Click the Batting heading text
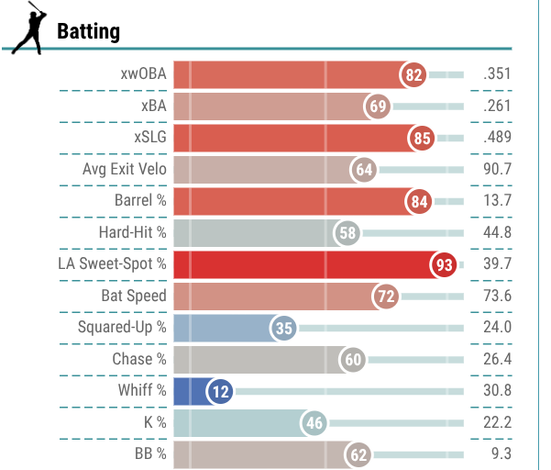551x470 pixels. (88, 32)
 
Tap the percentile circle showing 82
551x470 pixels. (413, 75)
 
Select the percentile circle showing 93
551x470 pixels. (445, 265)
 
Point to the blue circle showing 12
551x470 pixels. (220, 392)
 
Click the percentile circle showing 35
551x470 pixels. (284, 329)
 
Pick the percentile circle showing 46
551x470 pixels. (314, 423)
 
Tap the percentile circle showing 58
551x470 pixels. (347, 233)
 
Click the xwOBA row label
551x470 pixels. (143, 75)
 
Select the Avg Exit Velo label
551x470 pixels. (125, 170)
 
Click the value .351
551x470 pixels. (495, 75)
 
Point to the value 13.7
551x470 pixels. (497, 202)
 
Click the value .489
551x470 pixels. (495, 139)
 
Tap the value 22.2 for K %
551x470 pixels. (497, 423)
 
